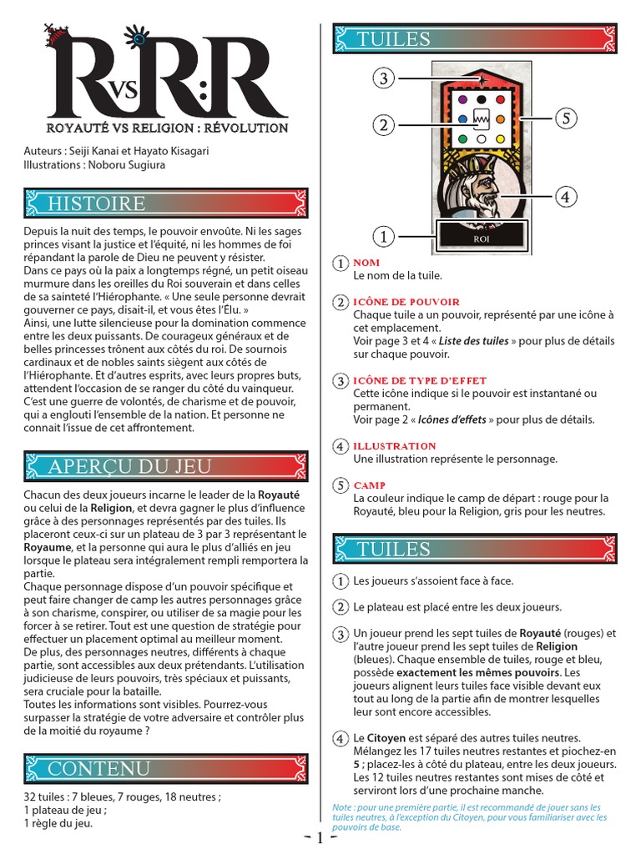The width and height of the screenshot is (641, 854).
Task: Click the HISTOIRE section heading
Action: [x=98, y=203]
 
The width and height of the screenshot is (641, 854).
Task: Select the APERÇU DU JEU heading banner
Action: [x=129, y=466]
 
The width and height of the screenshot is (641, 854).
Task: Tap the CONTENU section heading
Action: [x=99, y=767]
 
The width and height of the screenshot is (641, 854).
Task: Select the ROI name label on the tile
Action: [x=480, y=238]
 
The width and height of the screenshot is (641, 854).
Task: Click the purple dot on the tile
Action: [x=462, y=100]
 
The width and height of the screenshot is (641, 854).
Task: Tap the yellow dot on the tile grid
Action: [x=500, y=138]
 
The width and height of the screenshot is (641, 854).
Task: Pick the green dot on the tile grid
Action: [x=462, y=138]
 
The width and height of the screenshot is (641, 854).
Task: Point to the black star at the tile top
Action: [x=481, y=79]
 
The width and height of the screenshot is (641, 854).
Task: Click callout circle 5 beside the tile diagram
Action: [x=566, y=118]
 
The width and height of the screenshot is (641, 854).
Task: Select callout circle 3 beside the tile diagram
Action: [x=383, y=79]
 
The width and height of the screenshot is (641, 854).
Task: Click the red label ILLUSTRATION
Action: [x=395, y=446]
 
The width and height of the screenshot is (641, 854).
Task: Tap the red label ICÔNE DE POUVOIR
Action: [x=406, y=302]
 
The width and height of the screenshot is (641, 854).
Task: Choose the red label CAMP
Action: [x=369, y=485]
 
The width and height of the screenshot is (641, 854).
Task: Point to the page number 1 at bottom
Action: [x=320, y=839]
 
